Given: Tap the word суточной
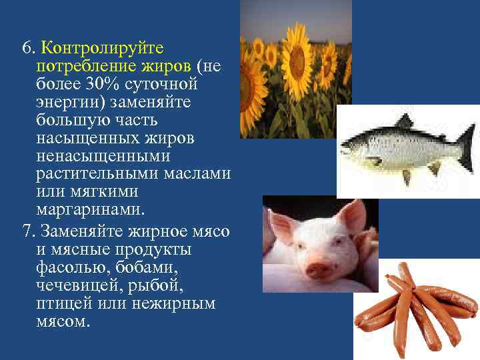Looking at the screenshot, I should tap(170, 85).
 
